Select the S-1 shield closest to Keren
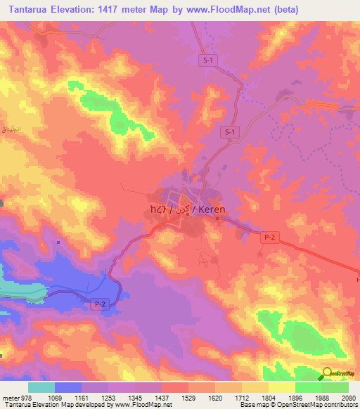tap(229, 131)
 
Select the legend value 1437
tap(162, 397)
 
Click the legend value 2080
tap(348, 397)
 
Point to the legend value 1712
tap(241, 397)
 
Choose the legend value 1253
tap(108, 397)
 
